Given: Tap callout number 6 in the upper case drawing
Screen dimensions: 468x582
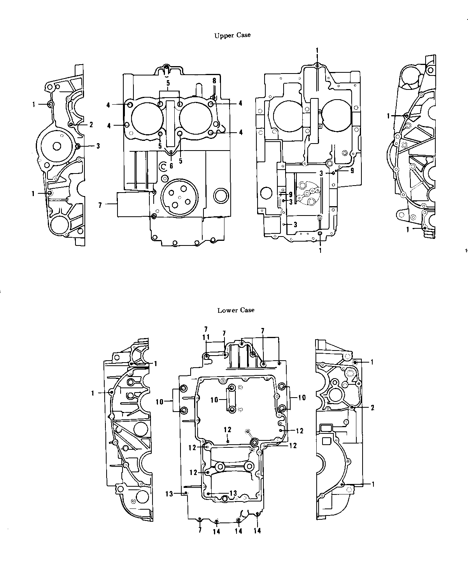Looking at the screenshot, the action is (171, 166).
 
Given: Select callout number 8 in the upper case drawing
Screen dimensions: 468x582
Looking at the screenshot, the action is (214, 81).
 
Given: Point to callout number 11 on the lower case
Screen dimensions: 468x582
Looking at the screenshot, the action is (206, 337).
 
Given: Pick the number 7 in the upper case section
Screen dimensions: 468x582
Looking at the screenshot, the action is (100, 205).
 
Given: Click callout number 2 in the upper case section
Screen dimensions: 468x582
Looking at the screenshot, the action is (91, 124).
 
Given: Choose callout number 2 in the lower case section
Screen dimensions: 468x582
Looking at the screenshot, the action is (372, 408).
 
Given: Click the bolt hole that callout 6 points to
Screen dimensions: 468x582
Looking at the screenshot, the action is (171, 152).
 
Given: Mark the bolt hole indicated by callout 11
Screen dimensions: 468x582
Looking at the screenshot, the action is (207, 357).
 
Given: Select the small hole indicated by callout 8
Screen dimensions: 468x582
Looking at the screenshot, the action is (214, 97).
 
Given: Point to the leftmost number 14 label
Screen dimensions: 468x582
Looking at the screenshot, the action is (216, 532).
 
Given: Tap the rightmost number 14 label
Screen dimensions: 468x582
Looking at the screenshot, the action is (257, 531).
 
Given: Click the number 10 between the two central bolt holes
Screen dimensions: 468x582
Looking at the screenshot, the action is (214, 400).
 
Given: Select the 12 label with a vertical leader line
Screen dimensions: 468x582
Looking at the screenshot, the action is (228, 429).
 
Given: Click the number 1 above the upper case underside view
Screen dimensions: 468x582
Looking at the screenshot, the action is (317, 51).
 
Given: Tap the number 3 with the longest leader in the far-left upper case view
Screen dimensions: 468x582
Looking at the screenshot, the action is (98, 146).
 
